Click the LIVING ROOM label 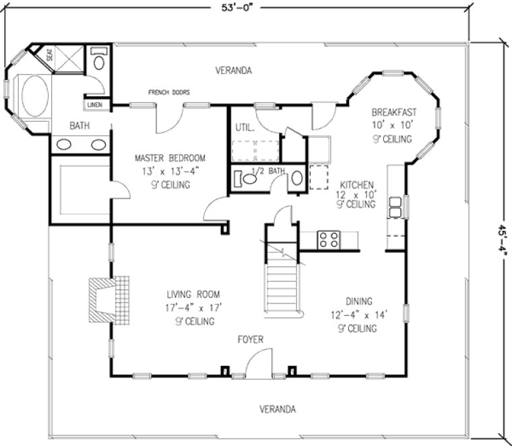click(193, 295)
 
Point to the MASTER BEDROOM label click(170, 158)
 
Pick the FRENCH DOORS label click(169, 92)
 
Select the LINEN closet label click(94, 105)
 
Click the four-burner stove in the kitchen click(329, 239)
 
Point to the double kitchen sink click(395, 206)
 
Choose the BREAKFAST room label click(394, 112)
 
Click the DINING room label click(360, 302)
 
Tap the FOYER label click(249, 340)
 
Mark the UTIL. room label click(244, 127)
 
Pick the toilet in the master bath click(99, 61)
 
